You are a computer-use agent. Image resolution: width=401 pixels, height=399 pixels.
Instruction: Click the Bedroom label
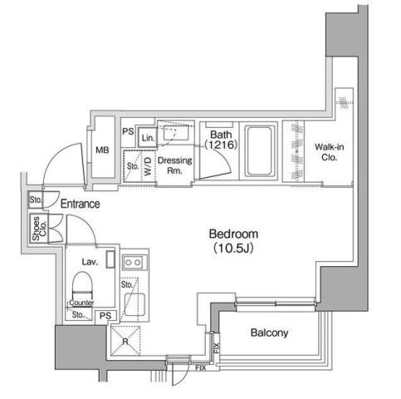[233, 233]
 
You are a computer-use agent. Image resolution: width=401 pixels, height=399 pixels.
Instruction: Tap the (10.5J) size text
[233, 247]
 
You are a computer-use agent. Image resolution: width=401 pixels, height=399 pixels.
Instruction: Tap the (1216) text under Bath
[221, 145]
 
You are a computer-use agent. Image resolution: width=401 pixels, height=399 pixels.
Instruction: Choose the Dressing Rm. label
[175, 165]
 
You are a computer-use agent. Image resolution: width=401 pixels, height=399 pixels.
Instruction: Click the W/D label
[148, 165]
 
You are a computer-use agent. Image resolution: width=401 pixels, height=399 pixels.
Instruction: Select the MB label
[102, 150]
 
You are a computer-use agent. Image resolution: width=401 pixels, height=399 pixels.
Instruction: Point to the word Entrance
[80, 204]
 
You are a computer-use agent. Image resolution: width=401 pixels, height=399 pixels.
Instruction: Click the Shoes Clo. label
[37, 228]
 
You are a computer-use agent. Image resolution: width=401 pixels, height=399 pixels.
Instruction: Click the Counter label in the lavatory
[81, 303]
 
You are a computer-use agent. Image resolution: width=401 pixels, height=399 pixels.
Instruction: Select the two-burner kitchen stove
[133, 264]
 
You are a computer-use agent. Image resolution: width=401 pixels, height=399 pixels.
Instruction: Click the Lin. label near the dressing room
[148, 137]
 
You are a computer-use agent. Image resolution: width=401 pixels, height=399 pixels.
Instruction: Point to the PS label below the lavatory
[105, 315]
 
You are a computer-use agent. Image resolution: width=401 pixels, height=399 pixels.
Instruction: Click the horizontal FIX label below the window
[199, 367]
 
